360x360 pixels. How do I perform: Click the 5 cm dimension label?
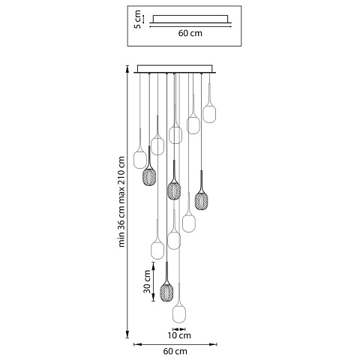click(137, 19)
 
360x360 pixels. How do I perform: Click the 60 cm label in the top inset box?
click(190, 33)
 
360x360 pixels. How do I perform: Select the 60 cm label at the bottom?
click(175, 351)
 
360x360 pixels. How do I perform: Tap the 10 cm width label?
click(179, 335)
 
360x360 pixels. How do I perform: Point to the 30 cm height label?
click(147, 281)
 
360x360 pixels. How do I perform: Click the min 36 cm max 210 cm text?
click(121, 202)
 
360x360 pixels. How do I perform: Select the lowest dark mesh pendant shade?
click(166, 292)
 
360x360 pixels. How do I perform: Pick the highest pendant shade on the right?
click(209, 114)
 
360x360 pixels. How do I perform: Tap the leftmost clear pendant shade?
click(140, 160)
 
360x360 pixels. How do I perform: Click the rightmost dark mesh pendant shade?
click(201, 200)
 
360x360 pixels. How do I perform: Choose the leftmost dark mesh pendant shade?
click(149, 177)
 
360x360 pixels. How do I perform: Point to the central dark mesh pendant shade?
click(174, 190)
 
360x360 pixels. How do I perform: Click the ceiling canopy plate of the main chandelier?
click(175, 69)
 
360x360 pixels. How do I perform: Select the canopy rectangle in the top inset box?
click(190, 19)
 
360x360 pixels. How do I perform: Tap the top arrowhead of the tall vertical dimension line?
click(127, 68)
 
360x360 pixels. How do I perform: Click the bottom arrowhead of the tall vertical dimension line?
click(127, 334)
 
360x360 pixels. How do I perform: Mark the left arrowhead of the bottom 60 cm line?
click(137, 344)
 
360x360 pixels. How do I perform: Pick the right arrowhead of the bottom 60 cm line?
click(213, 344)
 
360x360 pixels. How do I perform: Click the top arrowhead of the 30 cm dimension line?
click(153, 265)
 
